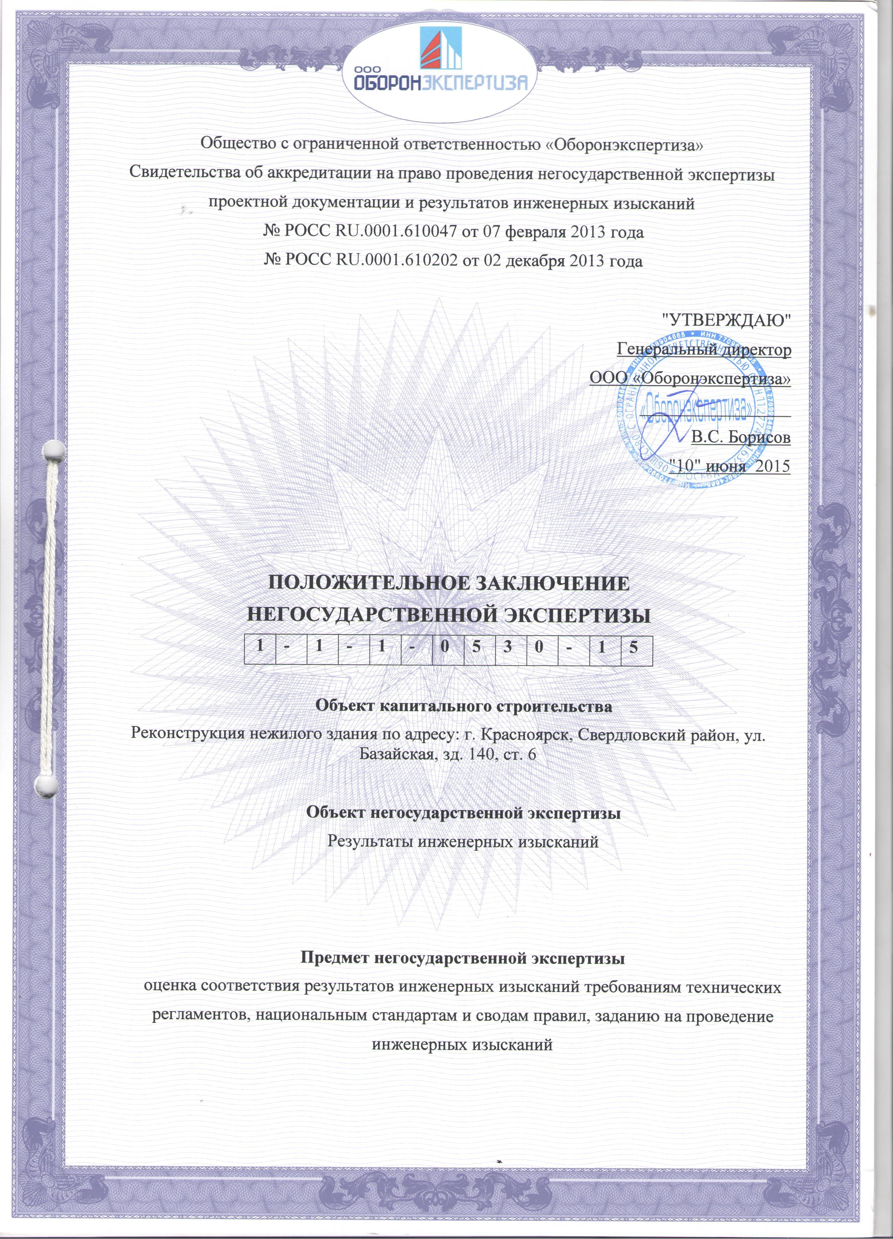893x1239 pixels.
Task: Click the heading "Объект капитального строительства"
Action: coord(464,706)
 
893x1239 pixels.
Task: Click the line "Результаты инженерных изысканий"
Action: coord(463,841)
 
